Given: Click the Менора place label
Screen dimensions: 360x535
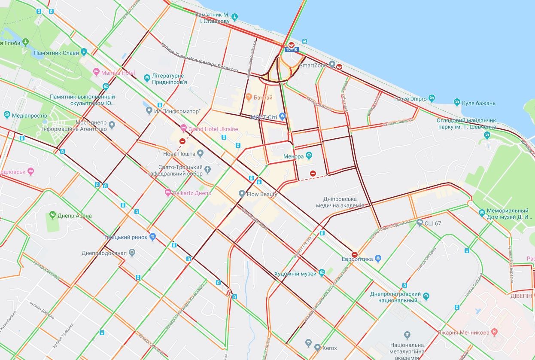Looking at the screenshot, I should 293,157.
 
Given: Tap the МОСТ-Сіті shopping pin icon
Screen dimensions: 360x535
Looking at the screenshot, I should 282,116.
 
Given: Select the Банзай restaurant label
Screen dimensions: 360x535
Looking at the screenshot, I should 263,98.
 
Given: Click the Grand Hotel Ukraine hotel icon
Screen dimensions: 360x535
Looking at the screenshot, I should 183,128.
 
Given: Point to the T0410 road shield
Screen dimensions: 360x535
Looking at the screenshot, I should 292,49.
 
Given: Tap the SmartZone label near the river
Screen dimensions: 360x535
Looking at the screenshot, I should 313,65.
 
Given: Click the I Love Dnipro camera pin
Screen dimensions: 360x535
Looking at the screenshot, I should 432,98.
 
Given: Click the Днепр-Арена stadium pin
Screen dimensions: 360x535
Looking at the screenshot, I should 52,215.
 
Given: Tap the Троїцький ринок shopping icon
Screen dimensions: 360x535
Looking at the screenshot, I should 153,237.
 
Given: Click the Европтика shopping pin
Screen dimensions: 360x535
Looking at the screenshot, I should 378,258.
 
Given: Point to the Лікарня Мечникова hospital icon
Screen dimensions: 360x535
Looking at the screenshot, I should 494,332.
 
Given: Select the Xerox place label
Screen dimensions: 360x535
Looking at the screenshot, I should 329,348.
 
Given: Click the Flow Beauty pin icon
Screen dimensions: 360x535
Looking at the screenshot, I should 242,194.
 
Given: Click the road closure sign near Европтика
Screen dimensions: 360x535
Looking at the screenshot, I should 354,254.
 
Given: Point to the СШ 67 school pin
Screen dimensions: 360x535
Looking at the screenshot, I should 419,222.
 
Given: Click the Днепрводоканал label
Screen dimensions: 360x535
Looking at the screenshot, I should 104,253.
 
